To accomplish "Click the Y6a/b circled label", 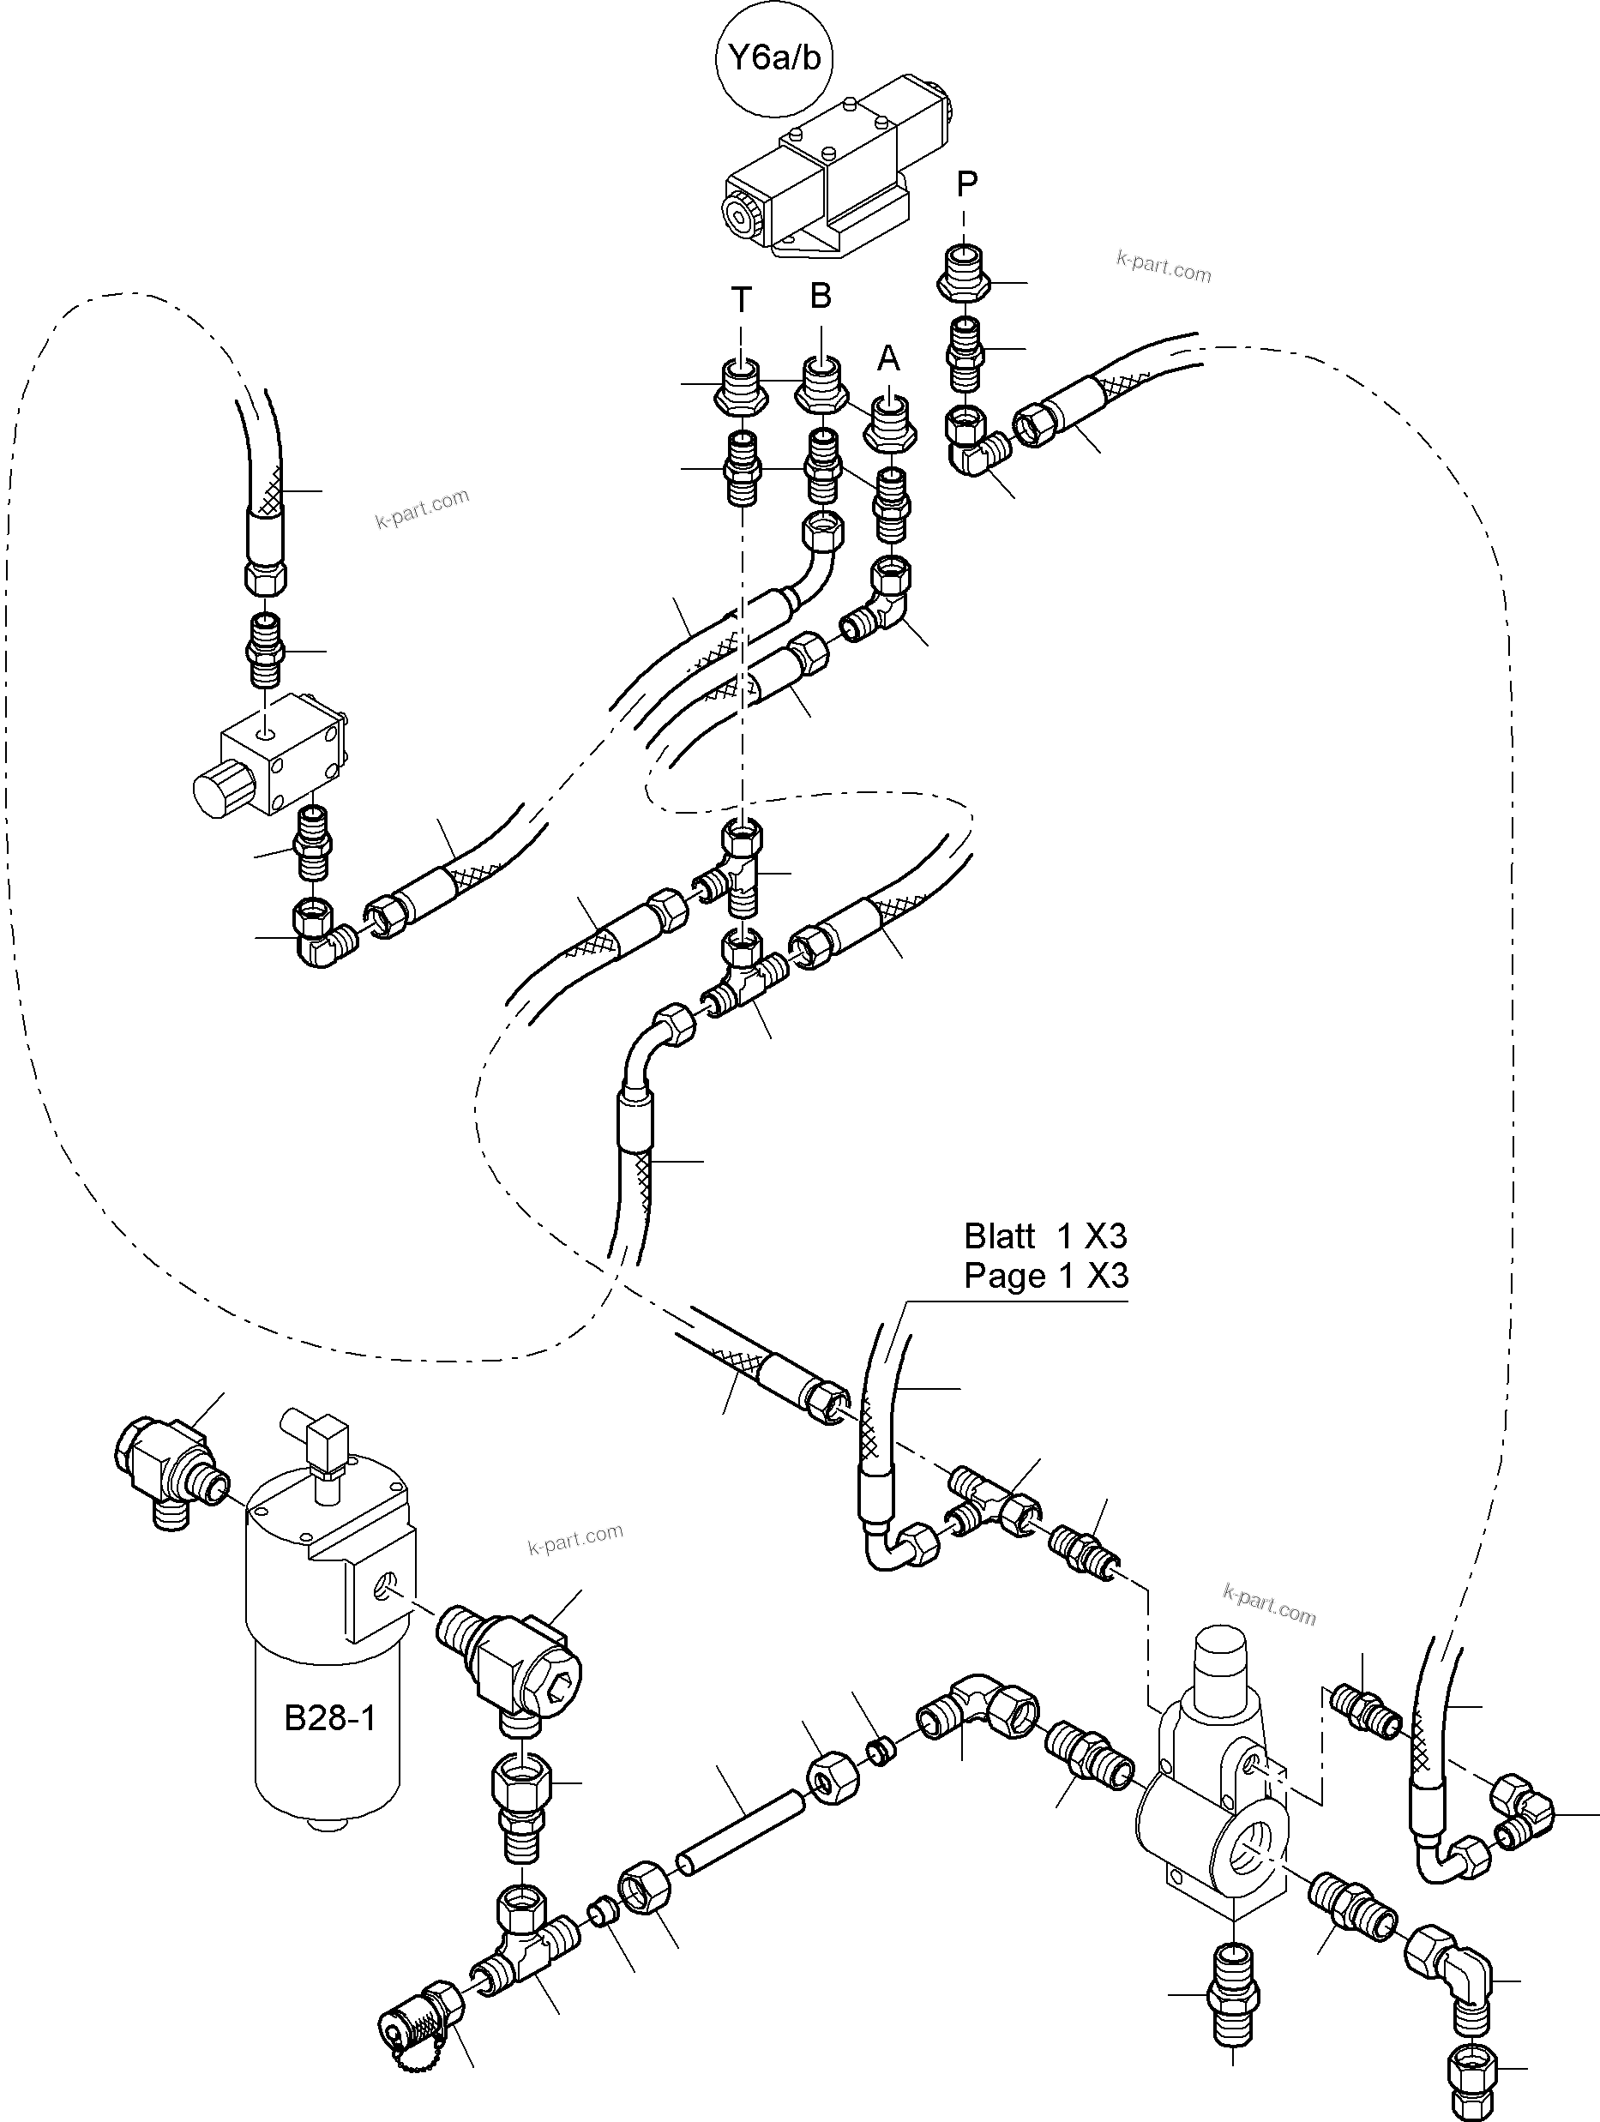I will (x=775, y=58).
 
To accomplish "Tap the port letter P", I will (x=967, y=183).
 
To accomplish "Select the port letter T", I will (x=741, y=300).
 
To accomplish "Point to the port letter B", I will (x=820, y=297).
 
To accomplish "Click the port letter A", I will (x=888, y=358).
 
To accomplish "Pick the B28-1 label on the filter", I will (x=329, y=1718).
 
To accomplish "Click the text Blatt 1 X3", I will (x=1045, y=1236).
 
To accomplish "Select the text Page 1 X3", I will (x=1045, y=1277).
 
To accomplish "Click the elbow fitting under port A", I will (x=884, y=605).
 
